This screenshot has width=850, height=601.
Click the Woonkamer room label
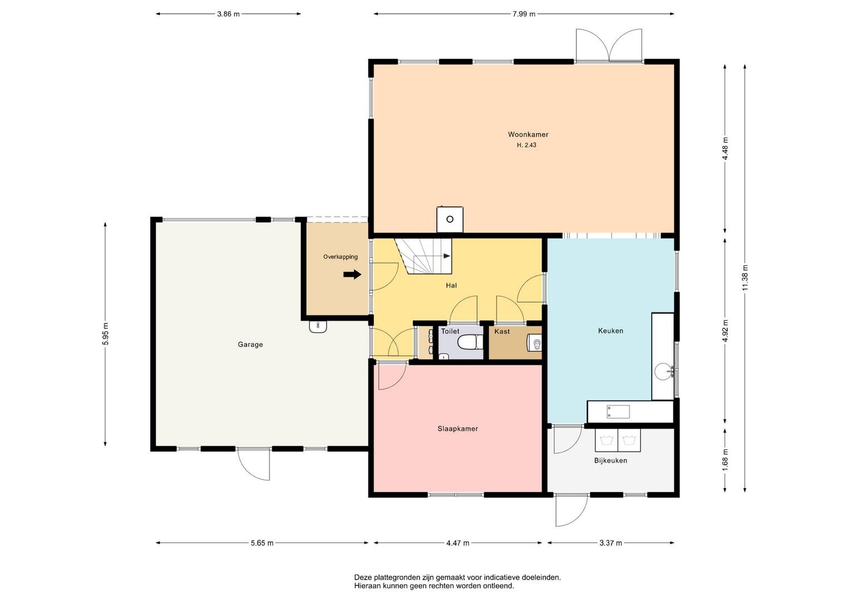(528, 134)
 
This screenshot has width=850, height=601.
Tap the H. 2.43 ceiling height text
(527, 145)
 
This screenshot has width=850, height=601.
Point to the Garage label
(250, 344)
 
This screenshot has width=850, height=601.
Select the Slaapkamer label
(458, 428)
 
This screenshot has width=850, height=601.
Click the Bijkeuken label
(611, 461)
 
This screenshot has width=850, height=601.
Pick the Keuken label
(611, 331)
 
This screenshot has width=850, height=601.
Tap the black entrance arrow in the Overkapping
(352, 274)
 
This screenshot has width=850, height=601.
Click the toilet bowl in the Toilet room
(470, 342)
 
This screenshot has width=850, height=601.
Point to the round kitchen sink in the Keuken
(664, 371)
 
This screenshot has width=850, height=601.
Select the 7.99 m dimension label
(524, 14)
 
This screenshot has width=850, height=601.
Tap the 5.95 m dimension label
(105, 334)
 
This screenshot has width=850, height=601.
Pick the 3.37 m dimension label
(611, 543)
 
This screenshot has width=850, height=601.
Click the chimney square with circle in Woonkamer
(450, 220)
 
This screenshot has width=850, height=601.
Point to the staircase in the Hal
(424, 256)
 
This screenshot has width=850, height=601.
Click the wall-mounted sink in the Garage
(318, 327)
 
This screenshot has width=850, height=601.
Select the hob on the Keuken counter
(618, 412)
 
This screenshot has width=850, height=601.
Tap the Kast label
(502, 332)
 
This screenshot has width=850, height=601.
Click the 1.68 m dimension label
(725, 460)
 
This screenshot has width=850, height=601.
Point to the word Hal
(451, 285)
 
